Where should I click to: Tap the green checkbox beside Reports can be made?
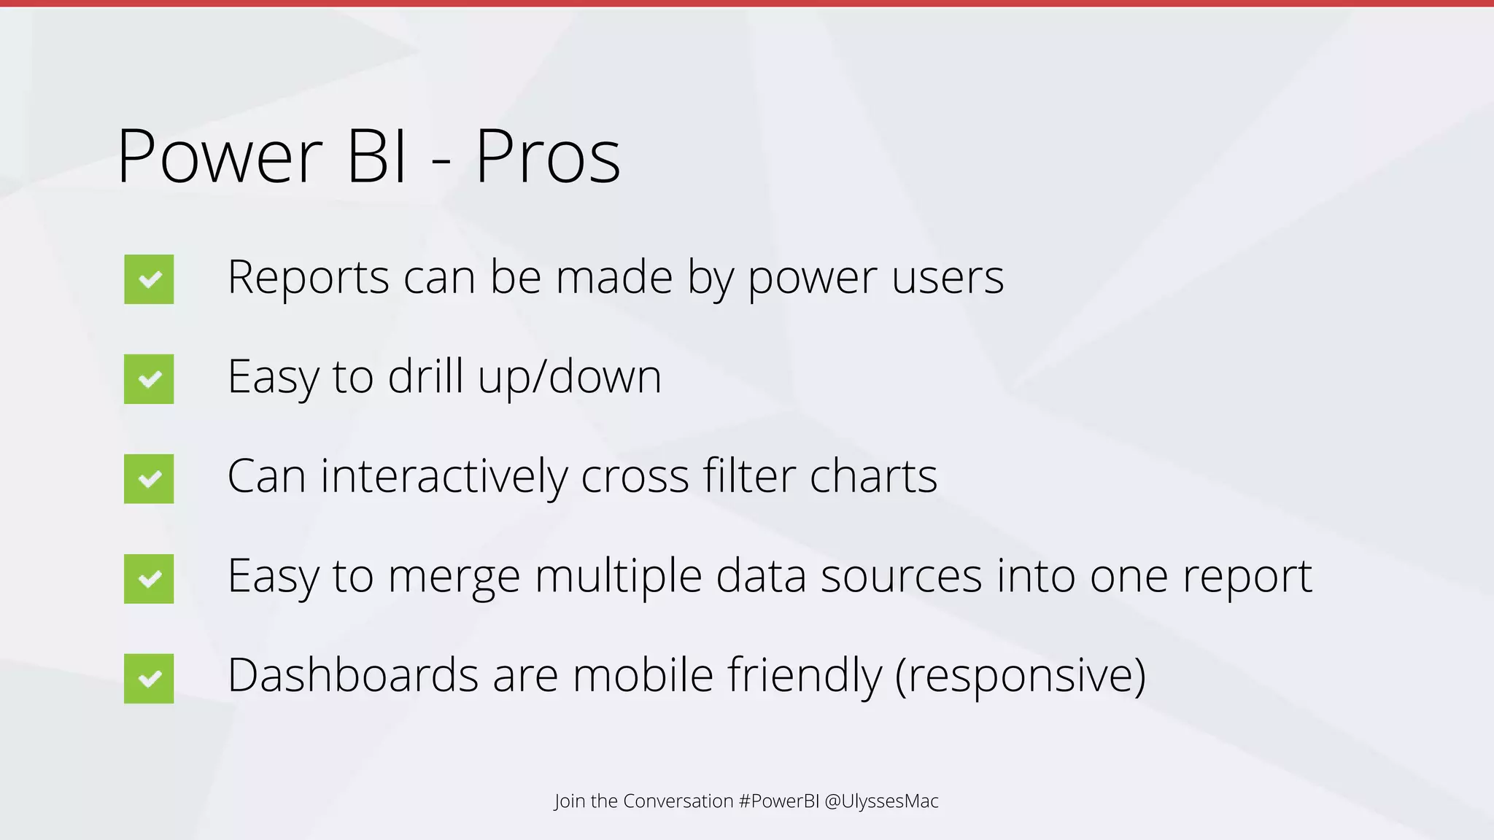(x=149, y=279)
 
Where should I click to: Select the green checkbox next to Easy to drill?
(x=149, y=379)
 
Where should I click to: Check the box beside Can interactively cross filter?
(x=149, y=479)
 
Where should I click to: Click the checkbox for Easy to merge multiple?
(x=149, y=579)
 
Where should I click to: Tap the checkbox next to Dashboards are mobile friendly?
(x=149, y=679)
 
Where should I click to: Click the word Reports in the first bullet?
(x=309, y=278)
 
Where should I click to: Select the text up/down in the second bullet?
(x=569, y=378)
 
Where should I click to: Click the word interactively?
(x=444, y=477)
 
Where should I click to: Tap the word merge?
(x=454, y=577)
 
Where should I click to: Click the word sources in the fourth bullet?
(x=902, y=577)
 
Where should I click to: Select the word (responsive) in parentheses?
(x=1021, y=677)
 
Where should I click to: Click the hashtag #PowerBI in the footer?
(x=779, y=801)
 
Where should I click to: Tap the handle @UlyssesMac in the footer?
(x=881, y=801)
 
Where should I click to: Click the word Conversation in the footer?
(x=678, y=801)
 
